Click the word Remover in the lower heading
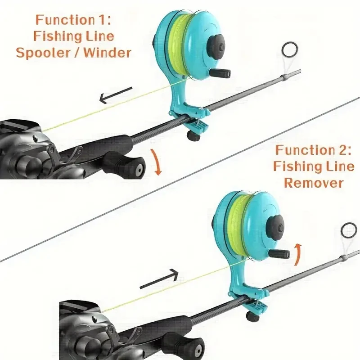click(x=314, y=183)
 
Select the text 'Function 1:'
click(x=74, y=20)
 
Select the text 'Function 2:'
click(x=314, y=150)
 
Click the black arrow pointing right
click(x=158, y=280)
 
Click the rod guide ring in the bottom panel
click(x=348, y=231)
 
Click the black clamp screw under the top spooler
click(x=193, y=135)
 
